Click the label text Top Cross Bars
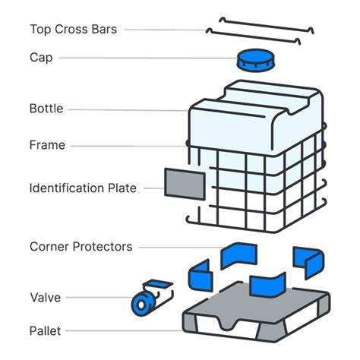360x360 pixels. pos(74,30)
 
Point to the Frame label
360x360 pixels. pos(47,145)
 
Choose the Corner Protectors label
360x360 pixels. pos(81,247)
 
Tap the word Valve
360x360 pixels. pos(45,297)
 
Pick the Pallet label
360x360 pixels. pos(46,330)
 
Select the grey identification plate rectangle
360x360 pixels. pos(185,183)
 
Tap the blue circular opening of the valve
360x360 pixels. pos(141,305)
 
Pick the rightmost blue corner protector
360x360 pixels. pos(309,261)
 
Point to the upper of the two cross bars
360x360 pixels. pos(266,21)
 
